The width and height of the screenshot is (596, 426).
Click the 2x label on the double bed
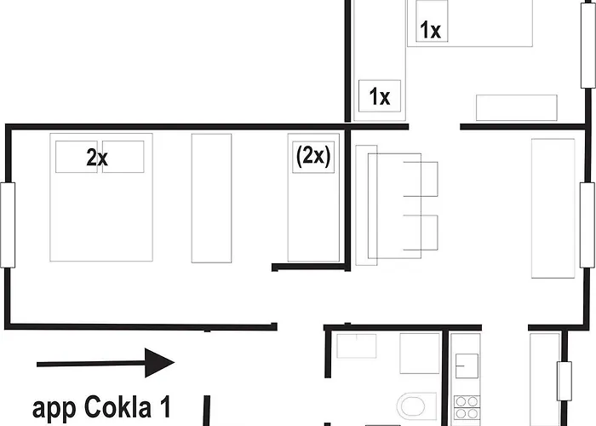pos(96,157)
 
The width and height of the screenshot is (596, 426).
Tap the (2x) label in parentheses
pos(312,156)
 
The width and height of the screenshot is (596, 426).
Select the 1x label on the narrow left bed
pos(380,97)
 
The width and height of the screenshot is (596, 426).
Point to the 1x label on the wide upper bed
pos(431,31)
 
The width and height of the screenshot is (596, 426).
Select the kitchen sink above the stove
pos(467,365)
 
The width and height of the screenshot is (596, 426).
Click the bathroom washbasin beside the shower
pos(357,345)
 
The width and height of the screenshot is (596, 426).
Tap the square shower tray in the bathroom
pos(420,353)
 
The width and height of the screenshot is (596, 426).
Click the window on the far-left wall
pos(8,225)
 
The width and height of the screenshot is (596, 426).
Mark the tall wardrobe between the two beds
pos(211,197)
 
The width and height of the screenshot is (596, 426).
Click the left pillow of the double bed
pos(78,157)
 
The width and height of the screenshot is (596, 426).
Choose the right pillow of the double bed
pos(123,157)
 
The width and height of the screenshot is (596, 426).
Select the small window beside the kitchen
pos(563,380)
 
